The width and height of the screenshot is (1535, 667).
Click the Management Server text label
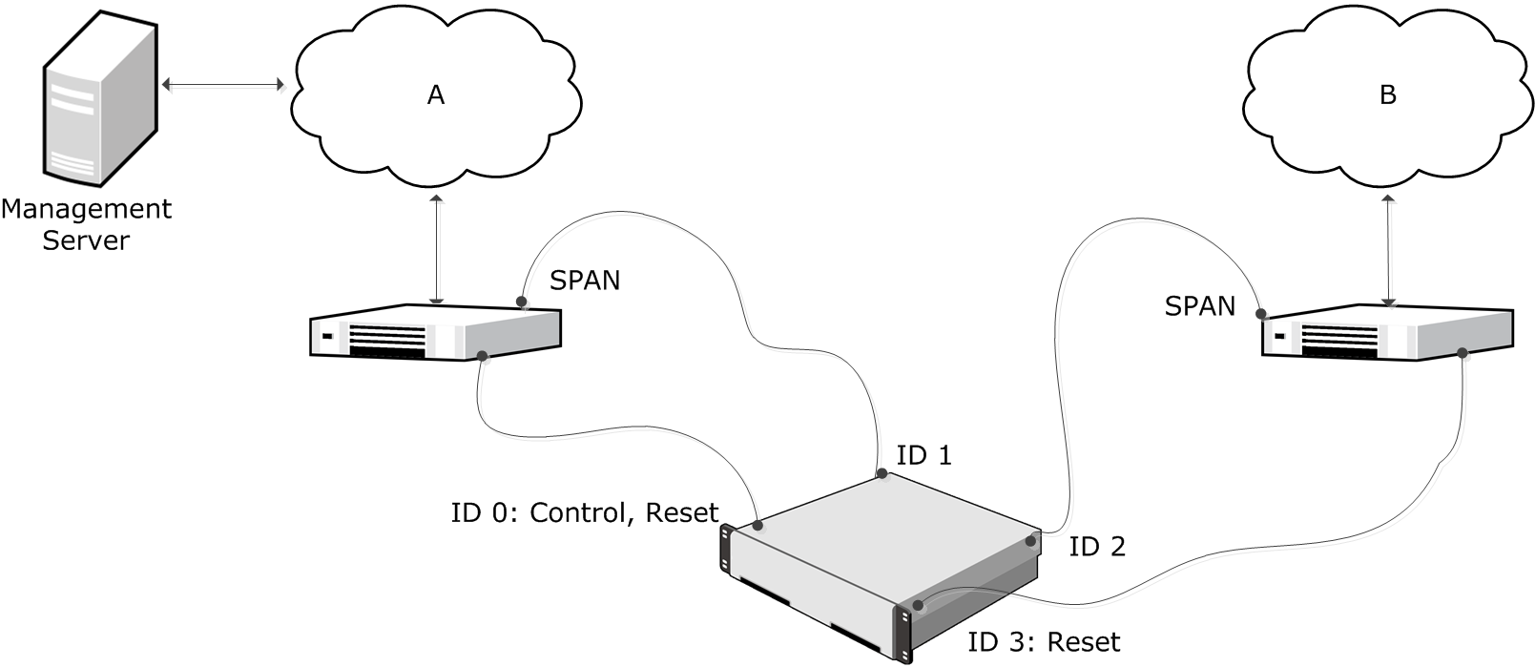click(x=86, y=224)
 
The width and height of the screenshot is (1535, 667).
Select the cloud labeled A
click(x=435, y=95)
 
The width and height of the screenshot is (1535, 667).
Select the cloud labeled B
click(x=1387, y=95)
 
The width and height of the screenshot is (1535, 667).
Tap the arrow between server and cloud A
click(x=223, y=85)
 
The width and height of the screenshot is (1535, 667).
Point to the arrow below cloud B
click(x=1388, y=251)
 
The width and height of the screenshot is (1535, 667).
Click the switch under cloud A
click(x=435, y=332)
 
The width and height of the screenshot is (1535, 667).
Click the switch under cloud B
click(x=1386, y=334)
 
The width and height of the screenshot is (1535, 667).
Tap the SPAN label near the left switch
click(x=585, y=281)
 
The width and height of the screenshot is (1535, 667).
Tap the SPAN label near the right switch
click(x=1200, y=306)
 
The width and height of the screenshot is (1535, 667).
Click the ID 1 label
click(x=923, y=456)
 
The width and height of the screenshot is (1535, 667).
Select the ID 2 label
click(x=1097, y=547)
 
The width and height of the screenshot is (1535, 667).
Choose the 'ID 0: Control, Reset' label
click(x=584, y=513)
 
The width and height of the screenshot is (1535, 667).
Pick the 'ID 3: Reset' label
click(x=1044, y=642)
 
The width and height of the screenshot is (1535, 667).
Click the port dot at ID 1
click(x=882, y=473)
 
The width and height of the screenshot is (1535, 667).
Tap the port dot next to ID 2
click(x=1031, y=542)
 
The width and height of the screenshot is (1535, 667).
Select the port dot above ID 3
click(x=918, y=605)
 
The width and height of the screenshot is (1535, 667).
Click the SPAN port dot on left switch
click(x=522, y=302)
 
